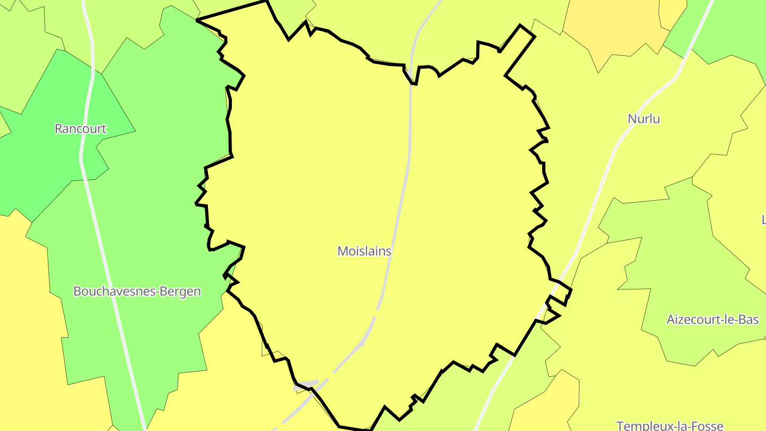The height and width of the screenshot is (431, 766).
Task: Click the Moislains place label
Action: (364, 251)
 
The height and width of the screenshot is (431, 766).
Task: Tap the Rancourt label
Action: (80, 129)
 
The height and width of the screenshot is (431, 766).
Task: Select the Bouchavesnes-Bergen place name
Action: (137, 291)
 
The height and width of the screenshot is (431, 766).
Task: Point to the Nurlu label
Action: (644, 119)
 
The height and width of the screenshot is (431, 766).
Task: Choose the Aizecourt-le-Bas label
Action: (712, 319)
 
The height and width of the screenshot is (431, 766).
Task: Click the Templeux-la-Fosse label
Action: (670, 425)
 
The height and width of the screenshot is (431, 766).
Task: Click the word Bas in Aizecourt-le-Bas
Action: (748, 319)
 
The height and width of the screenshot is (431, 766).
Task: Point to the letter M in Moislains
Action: (343, 251)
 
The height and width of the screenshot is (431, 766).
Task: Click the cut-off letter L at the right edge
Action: (763, 219)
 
